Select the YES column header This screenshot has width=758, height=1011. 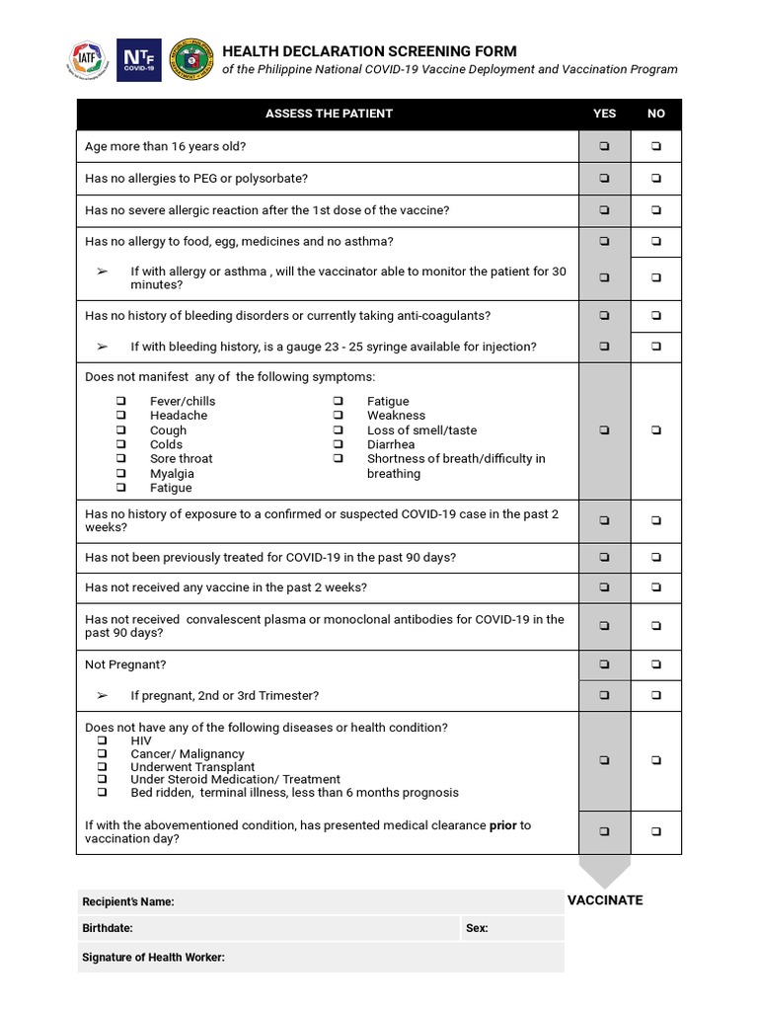604,114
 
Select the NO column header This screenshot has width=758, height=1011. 656,114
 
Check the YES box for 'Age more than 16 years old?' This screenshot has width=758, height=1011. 604,147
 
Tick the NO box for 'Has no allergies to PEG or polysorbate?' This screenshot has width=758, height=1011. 656,179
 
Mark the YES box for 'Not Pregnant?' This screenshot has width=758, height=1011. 604,665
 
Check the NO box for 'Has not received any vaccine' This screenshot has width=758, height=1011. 656,587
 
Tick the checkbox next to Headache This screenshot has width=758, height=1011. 120,416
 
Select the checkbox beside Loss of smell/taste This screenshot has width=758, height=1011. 338,430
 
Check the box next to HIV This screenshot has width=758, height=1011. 102,740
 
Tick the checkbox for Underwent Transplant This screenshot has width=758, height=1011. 102,767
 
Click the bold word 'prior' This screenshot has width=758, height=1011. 502,825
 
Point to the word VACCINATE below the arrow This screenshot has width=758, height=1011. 605,900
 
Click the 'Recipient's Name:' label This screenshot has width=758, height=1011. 128,901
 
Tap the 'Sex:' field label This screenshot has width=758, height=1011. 477,929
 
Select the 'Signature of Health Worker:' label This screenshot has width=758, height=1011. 153,958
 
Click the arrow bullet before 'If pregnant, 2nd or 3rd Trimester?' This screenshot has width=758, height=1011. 102,696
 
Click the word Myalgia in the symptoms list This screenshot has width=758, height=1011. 172,474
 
